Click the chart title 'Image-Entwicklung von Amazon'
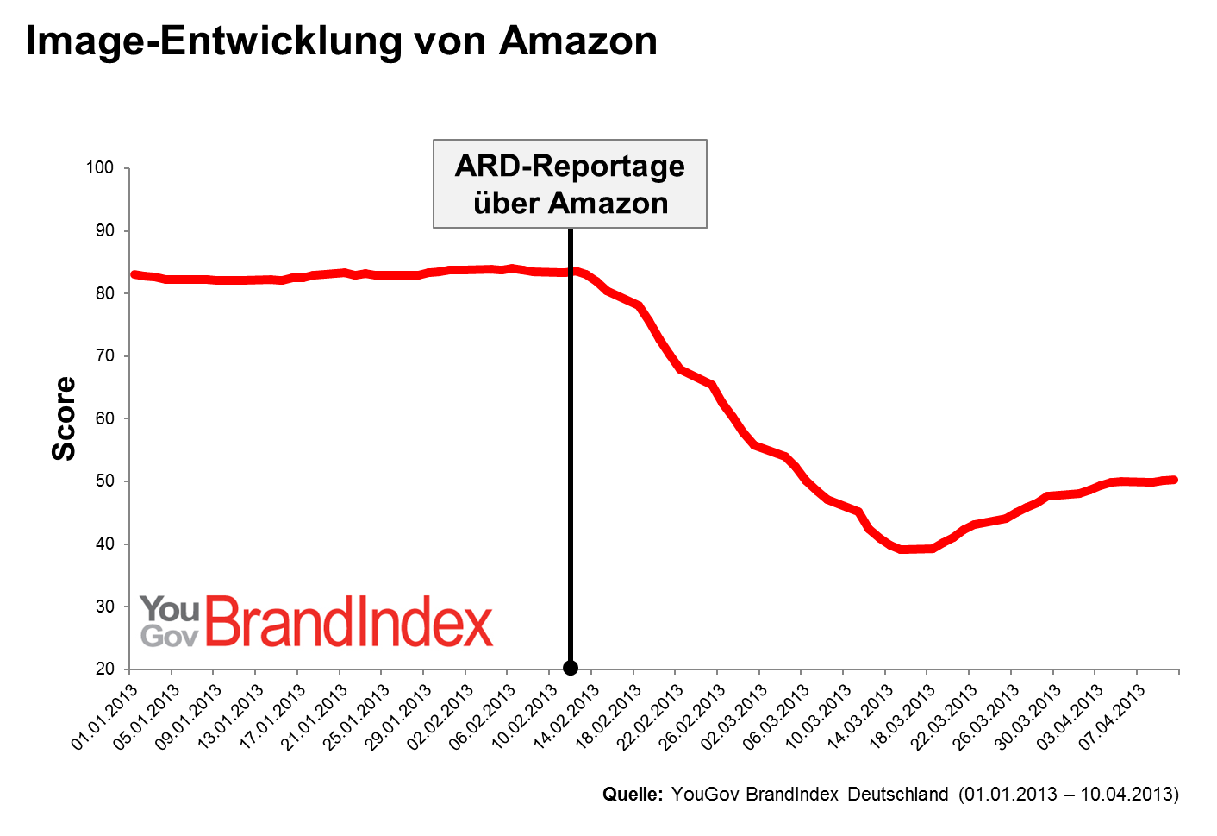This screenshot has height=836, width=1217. [x=341, y=41]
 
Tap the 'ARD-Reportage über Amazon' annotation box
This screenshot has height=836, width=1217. [x=570, y=184]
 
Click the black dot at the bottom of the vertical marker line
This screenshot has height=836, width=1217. [x=571, y=668]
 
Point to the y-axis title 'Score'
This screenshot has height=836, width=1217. [x=64, y=418]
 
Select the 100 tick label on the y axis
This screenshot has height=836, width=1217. [x=100, y=167]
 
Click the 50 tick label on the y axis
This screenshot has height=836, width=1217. [x=105, y=481]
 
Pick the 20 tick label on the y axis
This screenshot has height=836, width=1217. [x=105, y=669]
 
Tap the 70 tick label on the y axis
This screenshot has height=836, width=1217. [x=105, y=355]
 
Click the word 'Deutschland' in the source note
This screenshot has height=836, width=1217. [x=897, y=794]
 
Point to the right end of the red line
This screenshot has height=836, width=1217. [x=1174, y=480]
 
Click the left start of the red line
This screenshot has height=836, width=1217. [x=134, y=274]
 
